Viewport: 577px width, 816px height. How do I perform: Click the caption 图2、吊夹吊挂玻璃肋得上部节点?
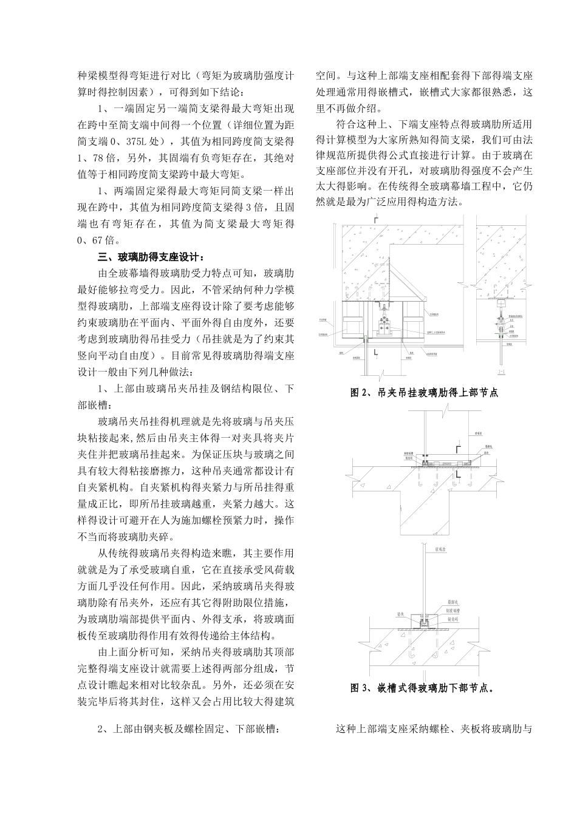425,393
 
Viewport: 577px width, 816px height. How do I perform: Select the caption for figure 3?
422,688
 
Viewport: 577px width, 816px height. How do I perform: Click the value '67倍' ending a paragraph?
97,240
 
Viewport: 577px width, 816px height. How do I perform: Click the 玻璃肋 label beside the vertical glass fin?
440,549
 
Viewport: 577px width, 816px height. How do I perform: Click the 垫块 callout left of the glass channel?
400,614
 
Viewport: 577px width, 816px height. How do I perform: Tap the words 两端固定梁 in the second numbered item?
139,191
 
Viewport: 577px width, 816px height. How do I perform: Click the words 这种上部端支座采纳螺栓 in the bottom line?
395,729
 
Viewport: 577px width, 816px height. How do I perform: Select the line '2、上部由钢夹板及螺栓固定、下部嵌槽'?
188,729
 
